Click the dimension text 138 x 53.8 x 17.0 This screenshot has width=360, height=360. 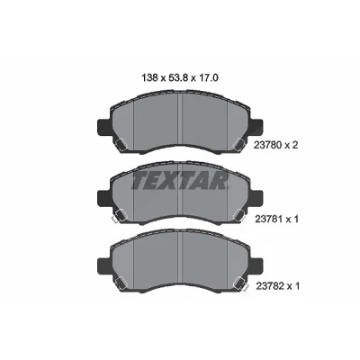[x=180, y=78]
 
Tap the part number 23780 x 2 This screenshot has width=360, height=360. [x=275, y=146]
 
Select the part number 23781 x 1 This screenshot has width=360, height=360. [x=276, y=220]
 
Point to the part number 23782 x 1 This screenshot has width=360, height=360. [x=277, y=286]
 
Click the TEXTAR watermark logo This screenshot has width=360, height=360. [x=180, y=181]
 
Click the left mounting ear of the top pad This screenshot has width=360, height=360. [x=103, y=128]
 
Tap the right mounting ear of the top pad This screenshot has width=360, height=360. [x=256, y=128]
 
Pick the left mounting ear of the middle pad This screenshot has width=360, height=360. [x=103, y=198]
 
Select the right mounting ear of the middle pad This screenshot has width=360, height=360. [x=256, y=198]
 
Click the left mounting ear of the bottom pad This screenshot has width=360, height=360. [x=103, y=265]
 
